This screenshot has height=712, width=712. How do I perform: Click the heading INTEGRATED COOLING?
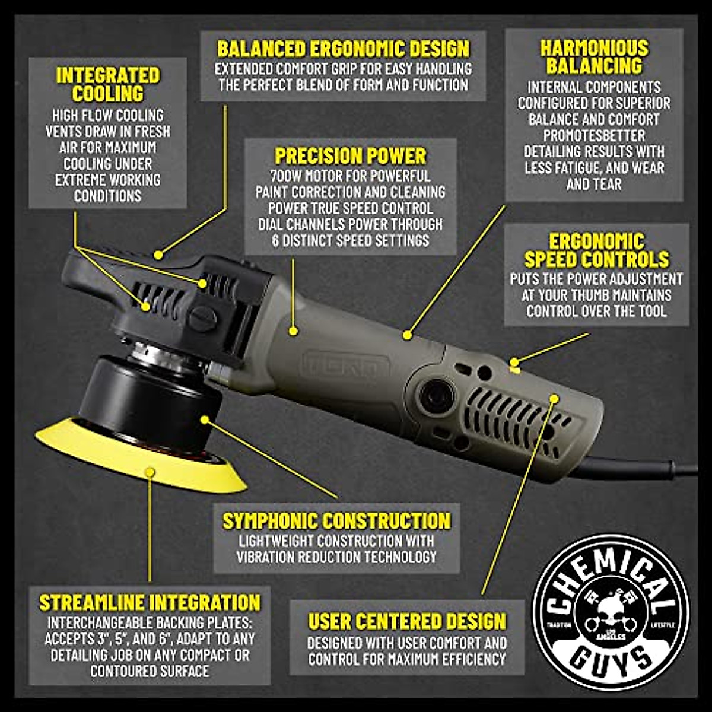108,84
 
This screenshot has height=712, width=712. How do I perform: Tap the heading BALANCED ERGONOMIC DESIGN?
343,48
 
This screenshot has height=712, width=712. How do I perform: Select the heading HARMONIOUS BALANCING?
594,56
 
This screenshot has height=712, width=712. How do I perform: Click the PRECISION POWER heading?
350,156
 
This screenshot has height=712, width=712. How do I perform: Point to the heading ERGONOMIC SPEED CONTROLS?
596,250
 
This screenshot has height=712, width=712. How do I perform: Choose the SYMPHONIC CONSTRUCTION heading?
336,521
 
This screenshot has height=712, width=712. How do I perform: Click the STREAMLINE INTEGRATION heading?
150,602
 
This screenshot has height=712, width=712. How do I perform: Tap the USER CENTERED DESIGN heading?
407,621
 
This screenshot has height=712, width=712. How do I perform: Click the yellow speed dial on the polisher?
514,368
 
